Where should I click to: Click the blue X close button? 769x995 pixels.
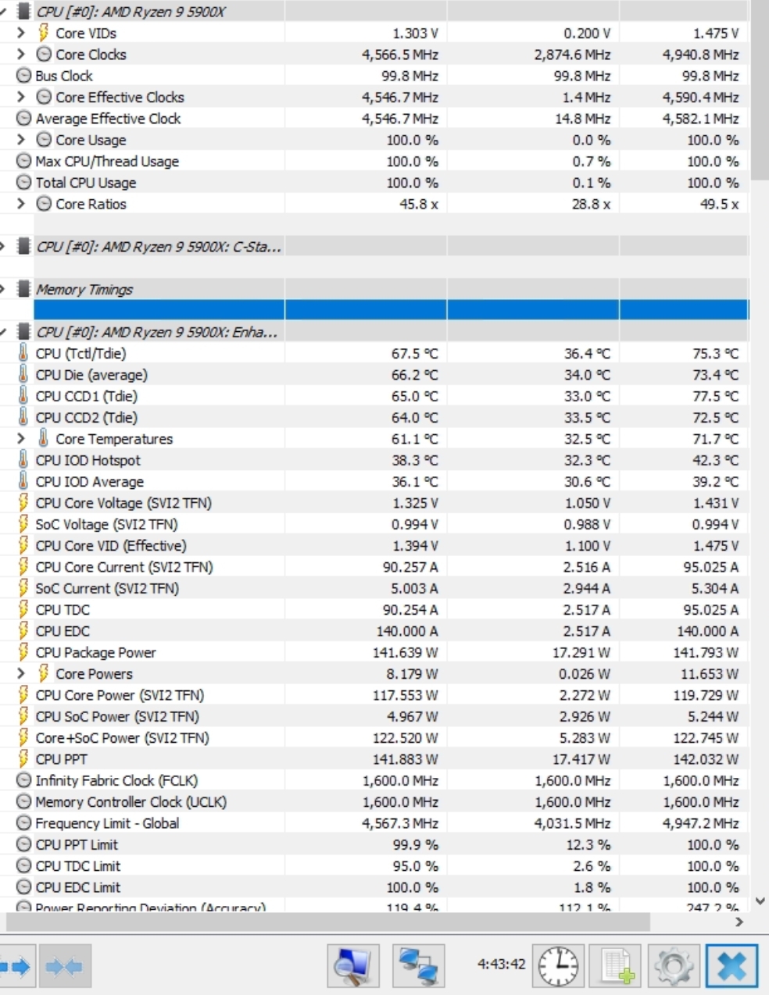731,966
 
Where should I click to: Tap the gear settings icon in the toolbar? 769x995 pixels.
674,966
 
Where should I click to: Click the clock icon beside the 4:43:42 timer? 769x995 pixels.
558,966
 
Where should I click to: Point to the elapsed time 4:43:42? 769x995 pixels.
501,964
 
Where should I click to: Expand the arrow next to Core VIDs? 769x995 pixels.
21,33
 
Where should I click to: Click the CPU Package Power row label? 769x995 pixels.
95,652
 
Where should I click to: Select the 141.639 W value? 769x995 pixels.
405,652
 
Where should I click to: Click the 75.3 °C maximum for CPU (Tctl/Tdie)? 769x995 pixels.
715,354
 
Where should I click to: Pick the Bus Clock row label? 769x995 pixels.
64,76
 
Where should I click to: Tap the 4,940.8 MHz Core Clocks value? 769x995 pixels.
700,55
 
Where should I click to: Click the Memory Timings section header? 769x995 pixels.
84,290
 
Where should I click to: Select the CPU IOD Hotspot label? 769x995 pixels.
88,460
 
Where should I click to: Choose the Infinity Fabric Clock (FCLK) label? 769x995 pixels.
116,780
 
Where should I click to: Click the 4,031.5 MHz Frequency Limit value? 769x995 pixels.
572,823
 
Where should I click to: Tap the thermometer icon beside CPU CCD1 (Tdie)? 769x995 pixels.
23,396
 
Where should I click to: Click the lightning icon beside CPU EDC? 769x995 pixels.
23,630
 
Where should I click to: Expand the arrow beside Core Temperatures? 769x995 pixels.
21,438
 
